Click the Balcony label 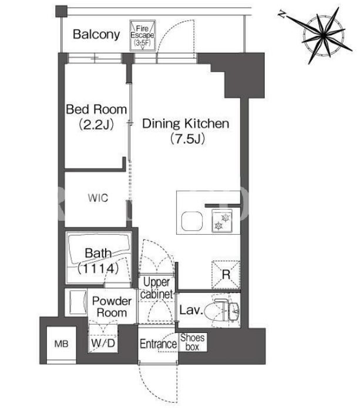tap(96, 35)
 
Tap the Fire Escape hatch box tap(143, 35)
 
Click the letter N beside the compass tap(281, 14)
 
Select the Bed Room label tap(96, 109)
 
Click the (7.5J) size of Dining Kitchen tap(188, 139)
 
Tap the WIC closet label tap(98, 198)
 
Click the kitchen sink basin tap(192, 221)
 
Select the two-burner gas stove tap(222, 220)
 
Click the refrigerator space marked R tap(226, 275)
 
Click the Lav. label tap(191, 310)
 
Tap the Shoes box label tap(193, 342)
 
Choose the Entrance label tap(158, 344)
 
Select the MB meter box tap(62, 344)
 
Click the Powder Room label tap(112, 307)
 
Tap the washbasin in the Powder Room tap(78, 302)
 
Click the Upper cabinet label tap(156, 288)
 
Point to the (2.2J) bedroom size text tap(96, 124)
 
